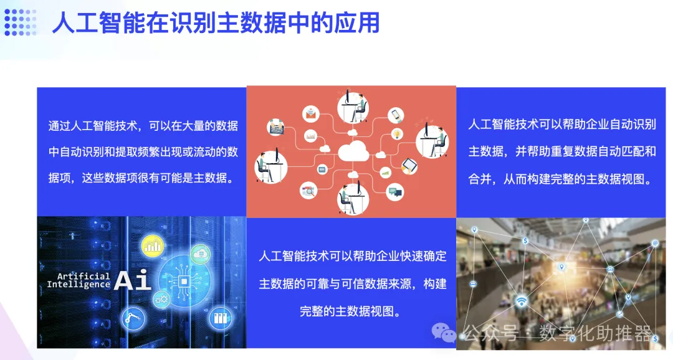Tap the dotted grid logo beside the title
(21, 23)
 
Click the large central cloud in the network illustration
(352, 152)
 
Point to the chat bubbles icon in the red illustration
(395, 191)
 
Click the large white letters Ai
(133, 281)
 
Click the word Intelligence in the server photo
(79, 285)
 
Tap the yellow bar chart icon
(152, 247)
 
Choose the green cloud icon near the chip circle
(201, 253)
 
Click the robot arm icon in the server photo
(133, 319)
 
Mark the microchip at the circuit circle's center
(184, 282)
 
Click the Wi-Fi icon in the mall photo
(521, 301)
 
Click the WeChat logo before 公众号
(445, 333)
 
